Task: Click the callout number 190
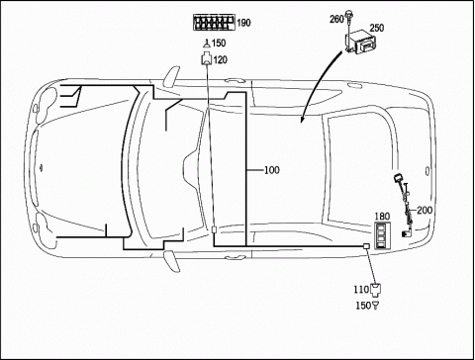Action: (x=243, y=23)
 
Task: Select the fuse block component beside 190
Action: (x=215, y=23)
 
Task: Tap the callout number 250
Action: (x=377, y=28)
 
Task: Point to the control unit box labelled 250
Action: (x=360, y=43)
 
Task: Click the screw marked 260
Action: (x=348, y=22)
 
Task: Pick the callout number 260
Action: (x=336, y=20)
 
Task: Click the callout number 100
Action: (x=272, y=170)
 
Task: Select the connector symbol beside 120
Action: (x=207, y=58)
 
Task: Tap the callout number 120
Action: (x=221, y=60)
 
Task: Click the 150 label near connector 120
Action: (x=219, y=44)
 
